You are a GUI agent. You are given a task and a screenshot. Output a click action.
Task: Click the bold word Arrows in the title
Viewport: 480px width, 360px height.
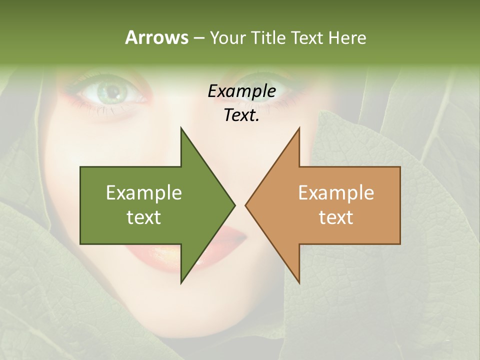click(x=156, y=37)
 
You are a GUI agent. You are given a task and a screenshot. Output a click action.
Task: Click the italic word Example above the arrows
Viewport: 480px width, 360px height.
click(x=241, y=91)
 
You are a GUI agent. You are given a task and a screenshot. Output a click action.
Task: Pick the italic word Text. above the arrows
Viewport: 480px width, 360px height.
click(x=241, y=115)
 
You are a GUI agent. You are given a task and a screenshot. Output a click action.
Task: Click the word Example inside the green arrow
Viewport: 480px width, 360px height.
click(x=143, y=193)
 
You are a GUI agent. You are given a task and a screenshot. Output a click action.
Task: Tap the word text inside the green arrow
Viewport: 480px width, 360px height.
click(x=143, y=217)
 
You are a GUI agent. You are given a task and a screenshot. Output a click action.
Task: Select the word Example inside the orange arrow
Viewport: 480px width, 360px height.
click(x=336, y=193)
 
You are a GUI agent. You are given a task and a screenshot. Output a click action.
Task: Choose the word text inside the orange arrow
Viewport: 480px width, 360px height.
click(x=336, y=217)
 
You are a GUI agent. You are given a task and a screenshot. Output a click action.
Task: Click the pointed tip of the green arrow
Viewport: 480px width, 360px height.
click(x=234, y=205)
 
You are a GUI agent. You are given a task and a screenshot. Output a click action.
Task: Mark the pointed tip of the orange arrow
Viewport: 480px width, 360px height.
click(x=245, y=205)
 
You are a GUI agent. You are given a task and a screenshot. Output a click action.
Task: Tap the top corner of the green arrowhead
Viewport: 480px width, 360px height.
click(x=181, y=128)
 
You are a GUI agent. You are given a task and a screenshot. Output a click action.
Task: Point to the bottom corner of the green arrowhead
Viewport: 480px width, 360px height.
click(x=181, y=282)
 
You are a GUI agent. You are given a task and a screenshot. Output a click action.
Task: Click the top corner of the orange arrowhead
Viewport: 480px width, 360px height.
click(x=299, y=128)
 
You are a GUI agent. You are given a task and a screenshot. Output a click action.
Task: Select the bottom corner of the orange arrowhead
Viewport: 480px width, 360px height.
click(x=299, y=282)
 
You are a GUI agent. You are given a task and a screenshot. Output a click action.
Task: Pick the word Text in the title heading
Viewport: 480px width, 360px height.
click(x=308, y=37)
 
